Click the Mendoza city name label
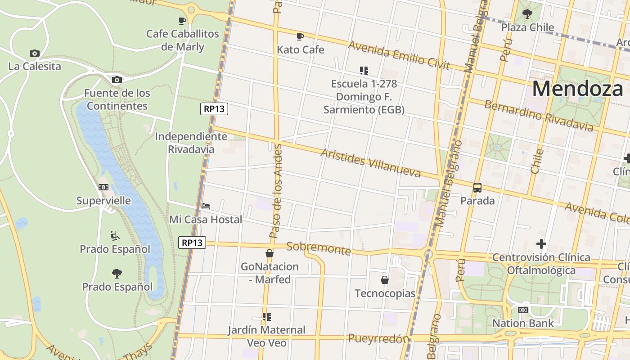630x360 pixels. pyautogui.click(x=577, y=89)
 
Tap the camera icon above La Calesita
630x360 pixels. pyautogui.click(x=35, y=53)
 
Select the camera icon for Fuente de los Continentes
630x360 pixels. pyautogui.click(x=117, y=80)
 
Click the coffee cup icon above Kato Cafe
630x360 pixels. pyautogui.click(x=300, y=36)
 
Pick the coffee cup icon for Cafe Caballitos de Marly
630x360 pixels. pyautogui.click(x=182, y=21)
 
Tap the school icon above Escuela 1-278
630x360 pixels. pyautogui.click(x=364, y=70)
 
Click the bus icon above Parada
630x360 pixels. pyautogui.click(x=477, y=188)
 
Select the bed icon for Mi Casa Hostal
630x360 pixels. pyautogui.click(x=206, y=206)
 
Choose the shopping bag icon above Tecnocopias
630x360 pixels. pyautogui.click(x=385, y=280)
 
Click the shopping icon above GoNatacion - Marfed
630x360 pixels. pyautogui.click(x=270, y=253)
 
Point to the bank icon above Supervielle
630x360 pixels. pyautogui.click(x=103, y=187)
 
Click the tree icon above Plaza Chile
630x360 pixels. pyautogui.click(x=527, y=14)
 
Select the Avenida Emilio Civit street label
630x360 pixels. pyautogui.click(x=399, y=55)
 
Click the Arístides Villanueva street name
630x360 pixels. pyautogui.click(x=370, y=162)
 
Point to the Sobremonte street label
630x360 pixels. pyautogui.click(x=318, y=248)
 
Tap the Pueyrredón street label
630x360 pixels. pyautogui.click(x=378, y=338)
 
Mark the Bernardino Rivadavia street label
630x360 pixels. pyautogui.click(x=538, y=116)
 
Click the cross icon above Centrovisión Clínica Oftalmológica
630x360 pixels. pyautogui.click(x=541, y=244)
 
